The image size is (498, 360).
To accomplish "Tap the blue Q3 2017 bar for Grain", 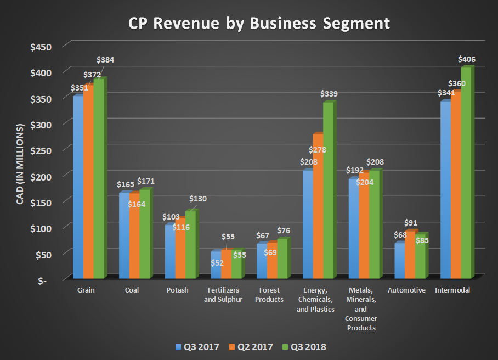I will pyautogui.click(x=78, y=187).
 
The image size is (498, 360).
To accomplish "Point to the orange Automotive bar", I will pyautogui.click(x=409, y=255).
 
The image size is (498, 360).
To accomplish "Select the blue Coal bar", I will pyautogui.click(x=123, y=236).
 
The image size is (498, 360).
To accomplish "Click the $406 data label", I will pyautogui.click(x=466, y=59).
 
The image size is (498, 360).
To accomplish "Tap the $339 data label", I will pyautogui.click(x=329, y=94).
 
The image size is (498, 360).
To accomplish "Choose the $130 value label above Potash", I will pyautogui.click(x=198, y=199).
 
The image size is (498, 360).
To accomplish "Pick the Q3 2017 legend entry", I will pyautogui.click(x=199, y=347).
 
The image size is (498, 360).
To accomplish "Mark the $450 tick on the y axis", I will pyautogui.click(x=41, y=46).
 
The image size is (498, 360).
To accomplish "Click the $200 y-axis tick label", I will pyautogui.click(x=41, y=176).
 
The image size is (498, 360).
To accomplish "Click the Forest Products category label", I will pyautogui.click(x=269, y=295).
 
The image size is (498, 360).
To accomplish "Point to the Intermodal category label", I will pyautogui.click(x=452, y=290).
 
